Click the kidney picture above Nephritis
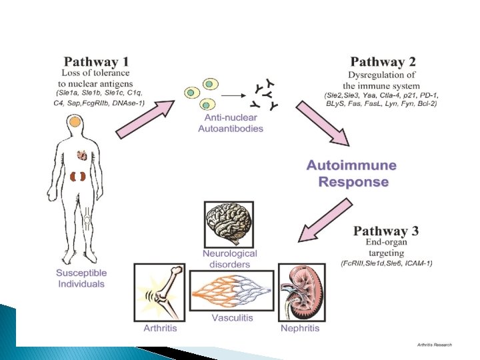(299, 291)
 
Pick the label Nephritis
(299, 327)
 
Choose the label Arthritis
(161, 327)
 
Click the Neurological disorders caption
(230, 259)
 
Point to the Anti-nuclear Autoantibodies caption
(231, 124)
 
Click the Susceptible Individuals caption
(81, 279)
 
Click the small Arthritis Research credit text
(434, 345)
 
